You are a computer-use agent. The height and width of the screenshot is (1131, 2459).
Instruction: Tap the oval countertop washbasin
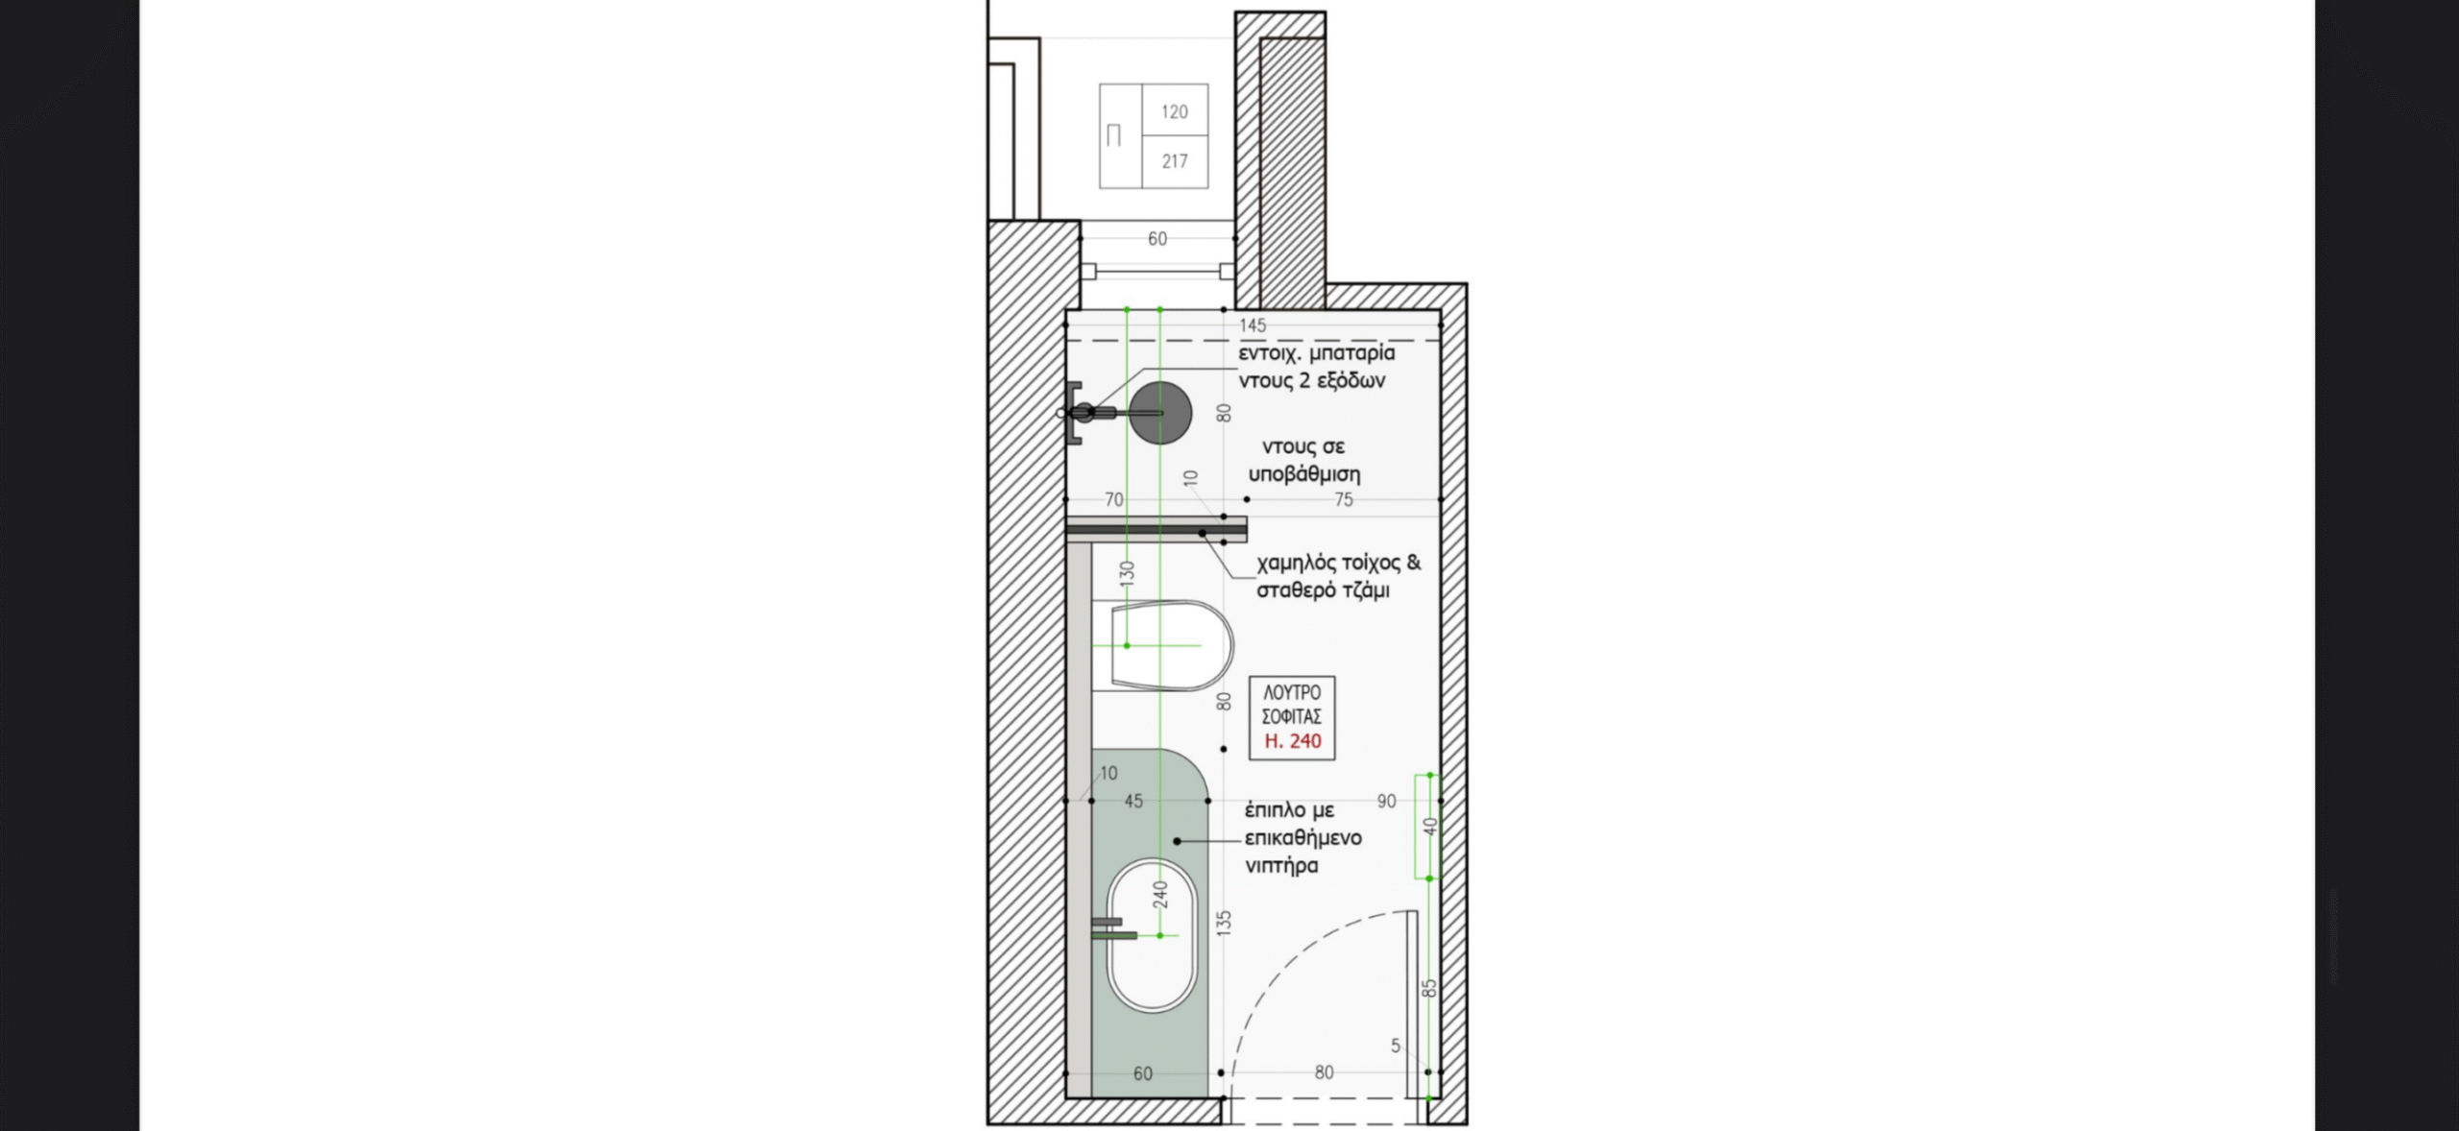[1152, 935]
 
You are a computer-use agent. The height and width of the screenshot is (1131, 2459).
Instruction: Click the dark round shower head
[1160, 413]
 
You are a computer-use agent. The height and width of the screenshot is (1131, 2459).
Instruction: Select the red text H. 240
[1292, 741]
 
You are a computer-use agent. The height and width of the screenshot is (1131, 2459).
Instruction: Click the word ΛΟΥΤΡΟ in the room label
[1292, 692]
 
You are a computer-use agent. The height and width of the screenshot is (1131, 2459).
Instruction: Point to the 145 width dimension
[1253, 325]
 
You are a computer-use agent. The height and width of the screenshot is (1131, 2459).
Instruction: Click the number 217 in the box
[1175, 161]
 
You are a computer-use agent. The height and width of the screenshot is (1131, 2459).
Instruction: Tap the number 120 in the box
[1175, 111]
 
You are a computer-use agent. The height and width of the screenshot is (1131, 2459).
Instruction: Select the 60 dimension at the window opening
[1157, 238]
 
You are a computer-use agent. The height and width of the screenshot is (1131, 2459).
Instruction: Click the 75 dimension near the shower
[1344, 499]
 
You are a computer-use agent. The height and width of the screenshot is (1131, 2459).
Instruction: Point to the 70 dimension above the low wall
[1113, 499]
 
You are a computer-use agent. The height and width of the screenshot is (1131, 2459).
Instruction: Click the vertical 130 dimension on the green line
[1127, 573]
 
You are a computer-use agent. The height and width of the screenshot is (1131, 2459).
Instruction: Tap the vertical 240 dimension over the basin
[1160, 895]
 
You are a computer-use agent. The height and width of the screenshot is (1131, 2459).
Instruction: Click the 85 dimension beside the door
[1428, 988]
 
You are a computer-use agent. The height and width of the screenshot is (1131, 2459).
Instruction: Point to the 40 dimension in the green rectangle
[1429, 827]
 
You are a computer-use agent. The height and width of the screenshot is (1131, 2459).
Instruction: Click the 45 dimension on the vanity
[1133, 801]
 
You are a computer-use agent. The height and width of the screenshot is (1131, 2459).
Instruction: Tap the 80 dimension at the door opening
[1324, 1071]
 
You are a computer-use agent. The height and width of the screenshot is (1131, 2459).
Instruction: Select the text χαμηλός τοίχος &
[1338, 563]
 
